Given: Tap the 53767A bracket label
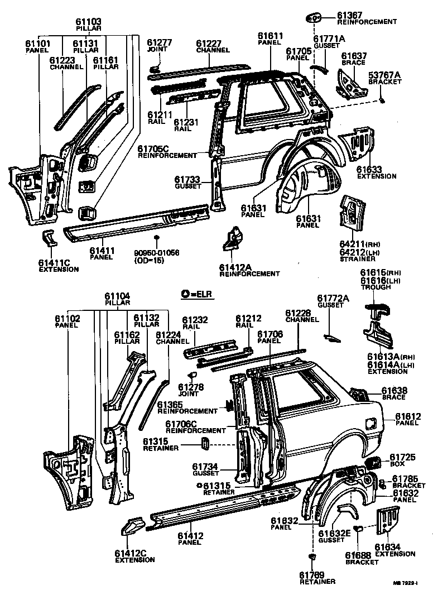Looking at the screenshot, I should click(x=384, y=75).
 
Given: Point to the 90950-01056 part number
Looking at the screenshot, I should click(x=156, y=253).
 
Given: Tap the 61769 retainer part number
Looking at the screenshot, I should click(x=311, y=575).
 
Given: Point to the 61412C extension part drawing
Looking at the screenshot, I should click(x=133, y=526).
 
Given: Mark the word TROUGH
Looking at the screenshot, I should click(x=373, y=287).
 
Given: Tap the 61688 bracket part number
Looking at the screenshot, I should click(x=358, y=555).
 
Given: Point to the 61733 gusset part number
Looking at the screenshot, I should click(x=187, y=179).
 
